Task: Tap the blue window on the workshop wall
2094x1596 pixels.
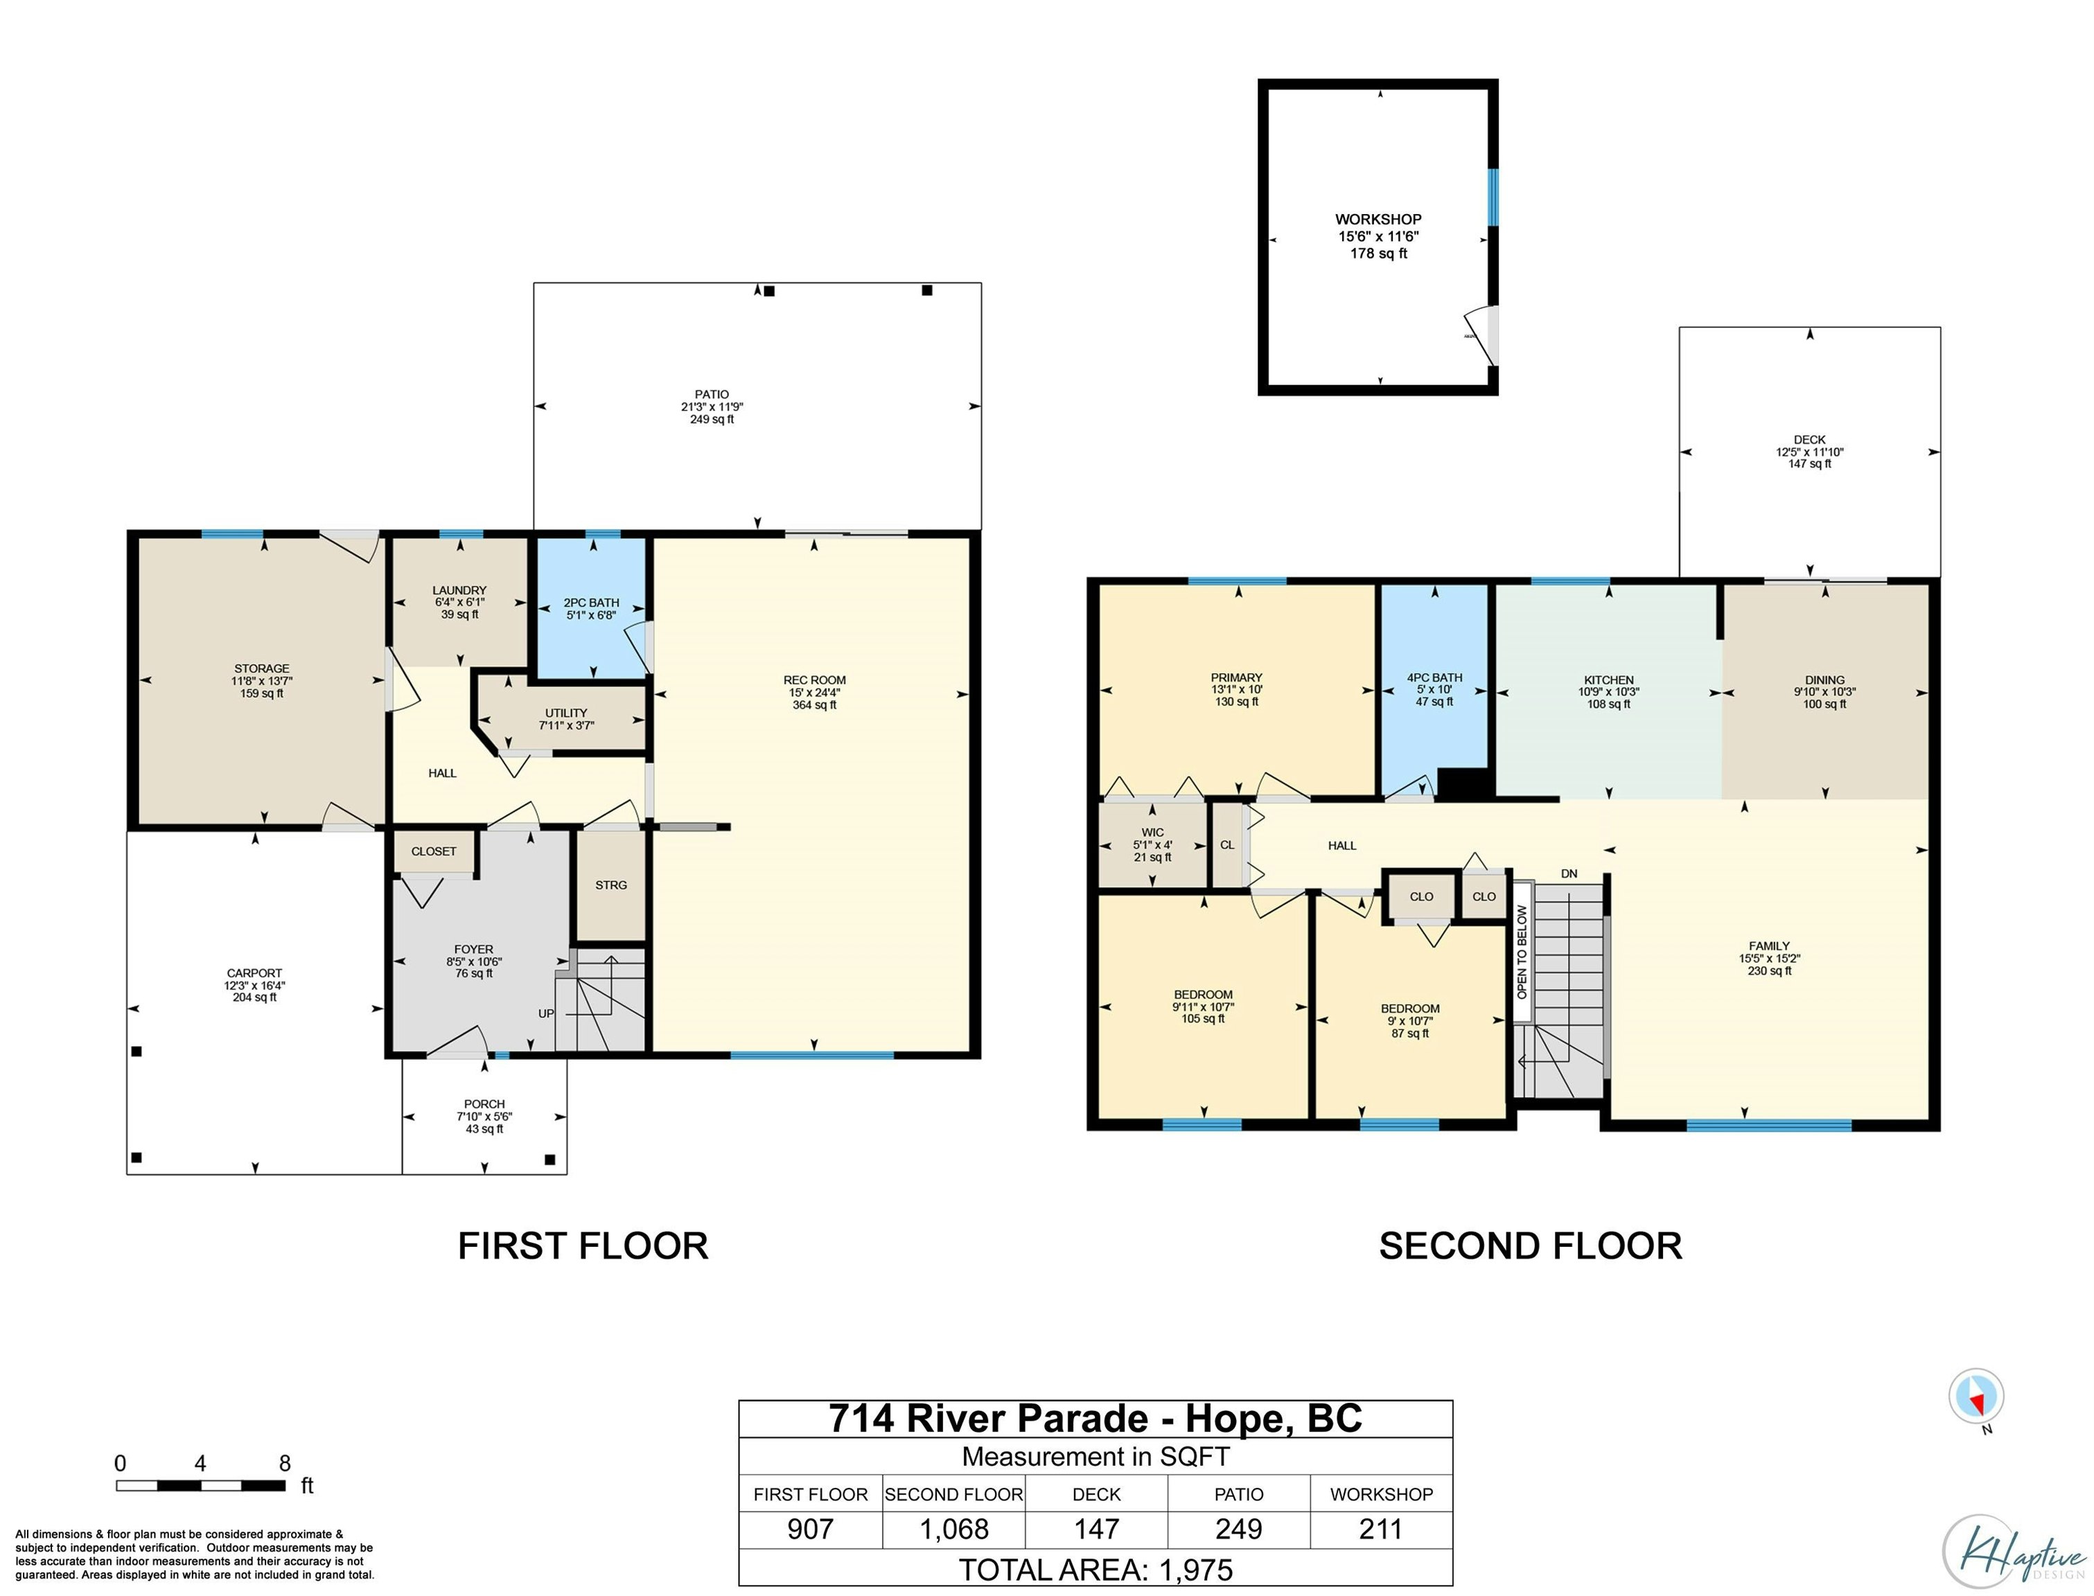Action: pos(1493,197)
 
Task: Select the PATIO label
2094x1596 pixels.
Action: pos(712,394)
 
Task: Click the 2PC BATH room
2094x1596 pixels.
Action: pos(592,608)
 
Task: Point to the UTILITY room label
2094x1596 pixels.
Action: pos(566,713)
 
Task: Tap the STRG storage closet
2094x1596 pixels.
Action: pos(611,885)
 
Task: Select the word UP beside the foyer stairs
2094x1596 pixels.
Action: pos(546,1013)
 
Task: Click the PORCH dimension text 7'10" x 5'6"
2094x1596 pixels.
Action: pos(484,1116)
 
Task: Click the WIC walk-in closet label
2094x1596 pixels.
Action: pos(1152,832)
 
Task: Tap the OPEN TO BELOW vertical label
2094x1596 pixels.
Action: pos(1522,951)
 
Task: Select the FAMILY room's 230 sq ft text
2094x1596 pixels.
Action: pos(1769,971)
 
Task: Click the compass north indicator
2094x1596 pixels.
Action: pos(1976,1397)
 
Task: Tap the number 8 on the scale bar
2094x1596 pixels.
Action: pos(284,1463)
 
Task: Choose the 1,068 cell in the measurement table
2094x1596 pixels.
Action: pos(954,1529)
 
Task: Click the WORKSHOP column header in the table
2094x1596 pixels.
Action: pos(1382,1494)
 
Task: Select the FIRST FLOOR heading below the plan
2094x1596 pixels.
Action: pos(583,1245)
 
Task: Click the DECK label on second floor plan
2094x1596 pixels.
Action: pos(1809,440)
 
